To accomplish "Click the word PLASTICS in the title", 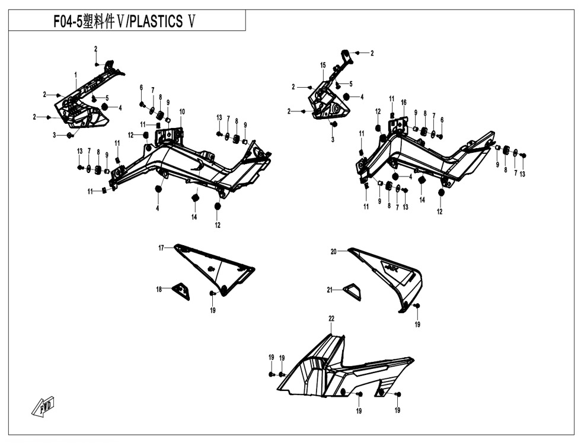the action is [156, 21].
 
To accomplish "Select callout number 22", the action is [331, 319].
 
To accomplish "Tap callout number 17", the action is [161, 248].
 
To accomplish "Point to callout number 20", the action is [333, 252].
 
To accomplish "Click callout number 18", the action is [159, 290].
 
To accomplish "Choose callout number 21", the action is [330, 290].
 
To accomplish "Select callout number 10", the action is [182, 112].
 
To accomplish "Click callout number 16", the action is [404, 102].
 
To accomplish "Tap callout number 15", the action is [323, 66].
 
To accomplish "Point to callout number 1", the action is [76, 75].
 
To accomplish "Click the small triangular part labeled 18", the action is [181, 291].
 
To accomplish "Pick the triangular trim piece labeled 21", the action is [352, 291].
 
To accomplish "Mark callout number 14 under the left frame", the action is [194, 217].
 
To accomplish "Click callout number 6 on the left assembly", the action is [141, 88].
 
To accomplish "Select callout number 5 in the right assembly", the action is [350, 84].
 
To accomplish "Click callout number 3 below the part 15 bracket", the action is [333, 140].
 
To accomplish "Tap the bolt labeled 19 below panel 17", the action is [213, 293].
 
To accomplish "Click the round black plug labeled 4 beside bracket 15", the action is [346, 97].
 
